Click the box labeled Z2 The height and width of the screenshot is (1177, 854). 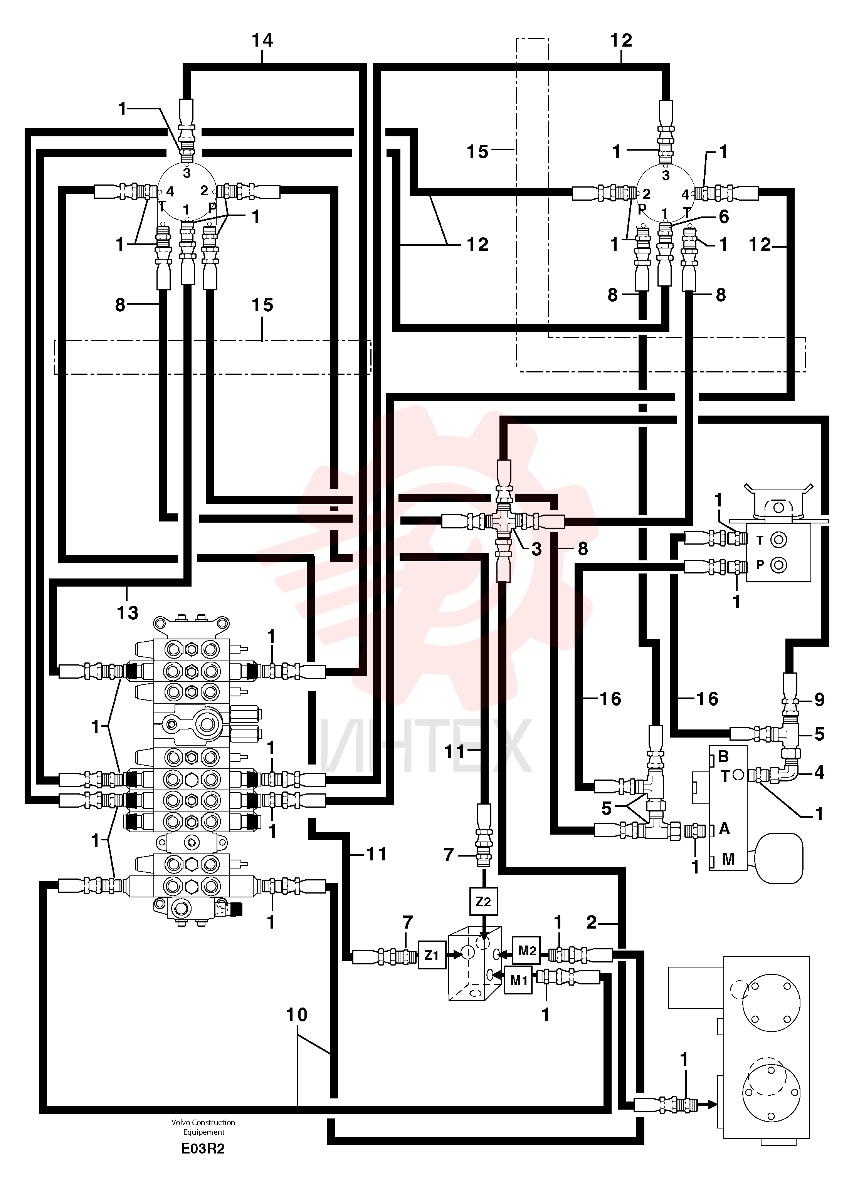[483, 902]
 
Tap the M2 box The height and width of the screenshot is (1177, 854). [527, 951]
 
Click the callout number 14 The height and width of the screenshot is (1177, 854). [262, 40]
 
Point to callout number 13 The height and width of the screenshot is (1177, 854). [127, 613]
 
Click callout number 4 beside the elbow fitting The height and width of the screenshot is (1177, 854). [819, 773]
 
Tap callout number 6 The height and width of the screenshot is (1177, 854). [724, 216]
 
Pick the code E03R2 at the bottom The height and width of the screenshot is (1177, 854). [203, 1149]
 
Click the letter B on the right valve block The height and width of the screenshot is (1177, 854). [723, 757]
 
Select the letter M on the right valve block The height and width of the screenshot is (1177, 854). [728, 859]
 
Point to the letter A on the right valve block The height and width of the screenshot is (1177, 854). [725, 829]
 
